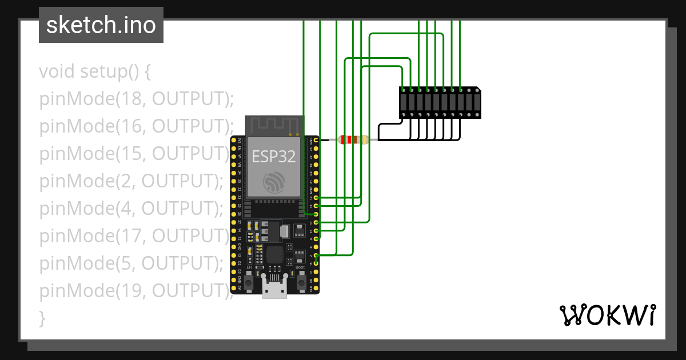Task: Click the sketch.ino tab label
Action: coord(101,25)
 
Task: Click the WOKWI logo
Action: coord(607,315)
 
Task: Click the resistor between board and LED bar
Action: coord(353,139)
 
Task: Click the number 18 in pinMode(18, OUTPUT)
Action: coord(129,99)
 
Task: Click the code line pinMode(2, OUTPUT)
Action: coord(131,181)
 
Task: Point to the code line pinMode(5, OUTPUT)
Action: coord(131,263)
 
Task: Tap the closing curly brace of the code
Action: coord(42,318)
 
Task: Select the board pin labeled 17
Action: coord(316,222)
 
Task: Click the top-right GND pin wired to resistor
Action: coord(316,139)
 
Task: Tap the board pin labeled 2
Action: coord(316,255)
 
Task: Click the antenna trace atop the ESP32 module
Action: coord(274,124)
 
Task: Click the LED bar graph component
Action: coord(440,103)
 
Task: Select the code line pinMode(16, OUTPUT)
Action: coord(137,126)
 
